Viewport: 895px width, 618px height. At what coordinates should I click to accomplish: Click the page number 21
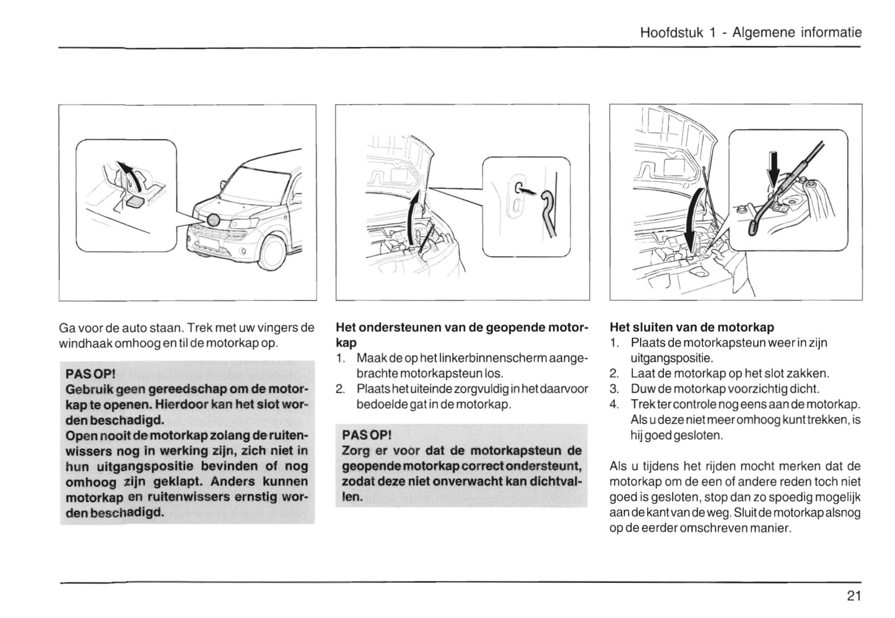854,596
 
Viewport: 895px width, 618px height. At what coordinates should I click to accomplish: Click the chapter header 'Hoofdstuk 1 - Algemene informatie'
751,33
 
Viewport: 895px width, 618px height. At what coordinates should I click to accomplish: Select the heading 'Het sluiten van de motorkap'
692,327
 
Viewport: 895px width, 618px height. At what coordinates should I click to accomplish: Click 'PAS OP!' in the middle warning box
367,435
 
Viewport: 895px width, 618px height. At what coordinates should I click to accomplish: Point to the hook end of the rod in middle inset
548,201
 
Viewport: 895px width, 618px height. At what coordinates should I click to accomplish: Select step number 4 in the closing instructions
614,404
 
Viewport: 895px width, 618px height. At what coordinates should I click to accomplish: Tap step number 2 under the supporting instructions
339,389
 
